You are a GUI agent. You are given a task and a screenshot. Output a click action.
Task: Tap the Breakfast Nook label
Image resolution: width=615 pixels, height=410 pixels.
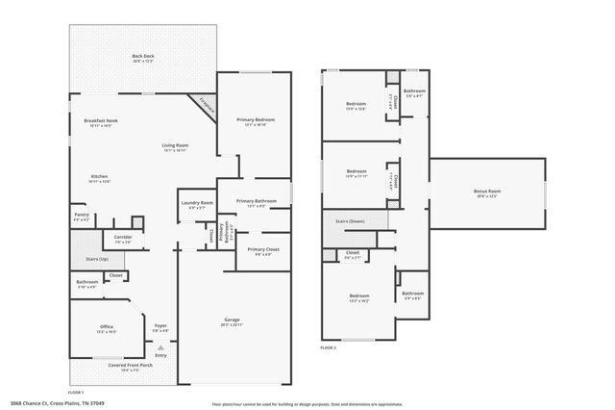pyautogui.click(x=101, y=122)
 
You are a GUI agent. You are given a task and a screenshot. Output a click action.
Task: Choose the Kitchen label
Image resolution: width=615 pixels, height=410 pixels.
pyautogui.click(x=99, y=178)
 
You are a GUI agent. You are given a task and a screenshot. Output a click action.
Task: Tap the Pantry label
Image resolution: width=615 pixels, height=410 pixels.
pyautogui.click(x=81, y=218)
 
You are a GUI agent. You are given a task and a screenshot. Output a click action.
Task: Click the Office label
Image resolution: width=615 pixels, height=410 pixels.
pyautogui.click(x=107, y=328)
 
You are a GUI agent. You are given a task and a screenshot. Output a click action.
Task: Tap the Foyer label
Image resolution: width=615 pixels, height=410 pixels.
pyautogui.click(x=160, y=327)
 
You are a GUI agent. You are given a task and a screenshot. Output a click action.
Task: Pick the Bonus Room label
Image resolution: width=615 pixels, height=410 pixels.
pyautogui.click(x=487, y=192)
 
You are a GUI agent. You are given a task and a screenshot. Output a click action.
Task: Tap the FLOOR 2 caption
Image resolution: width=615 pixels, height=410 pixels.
pyautogui.click(x=330, y=346)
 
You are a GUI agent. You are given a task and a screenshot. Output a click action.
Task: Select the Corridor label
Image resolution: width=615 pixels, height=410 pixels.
pyautogui.click(x=123, y=238)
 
